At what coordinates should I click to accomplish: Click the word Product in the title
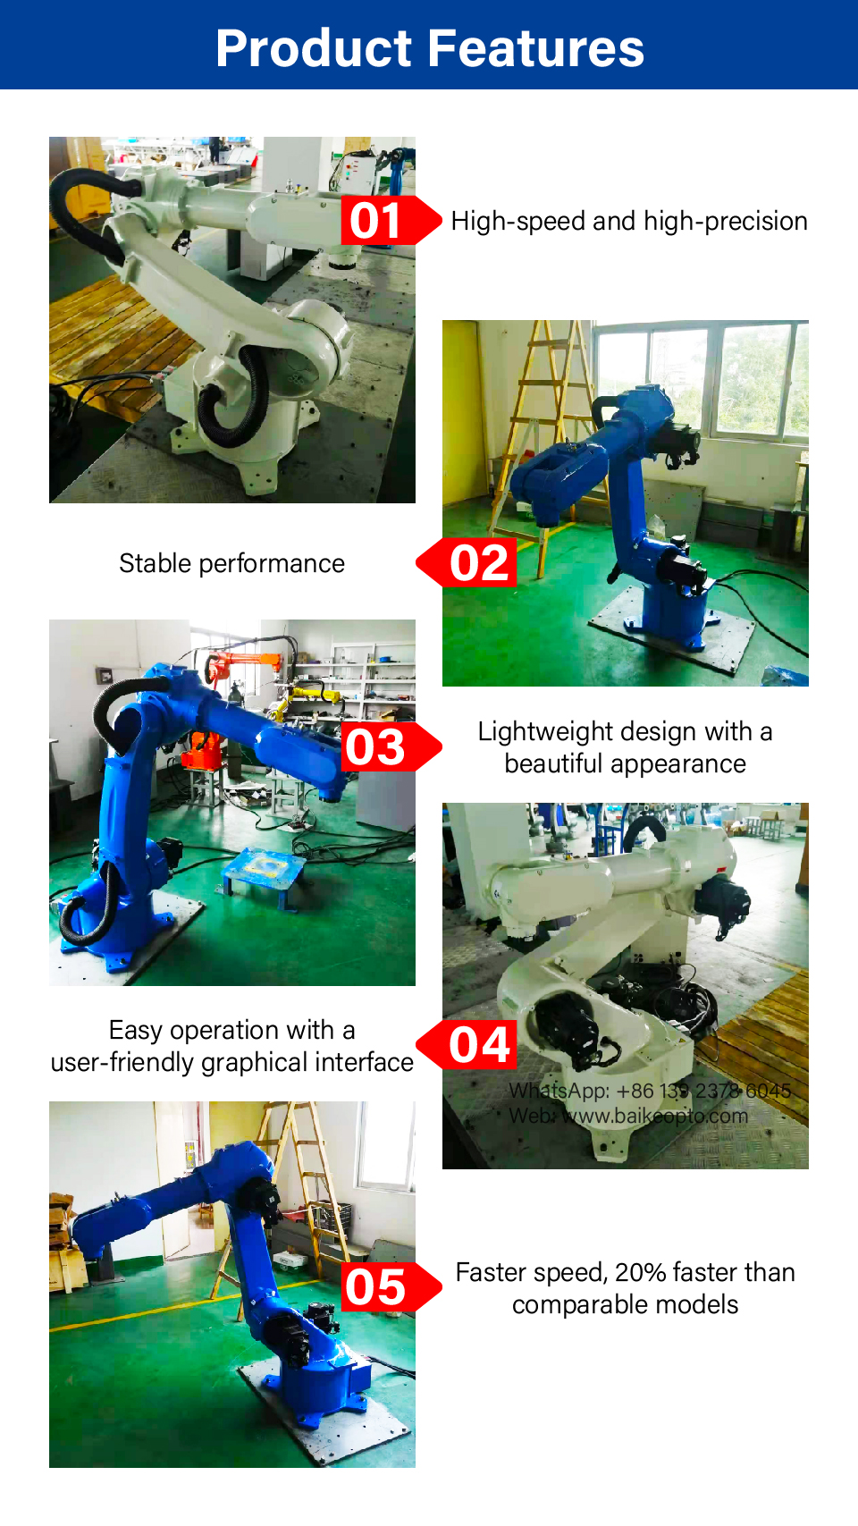[x=314, y=48]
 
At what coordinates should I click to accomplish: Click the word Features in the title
[x=536, y=48]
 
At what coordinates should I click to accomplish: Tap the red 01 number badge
[x=391, y=220]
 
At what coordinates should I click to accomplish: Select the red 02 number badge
[x=467, y=562]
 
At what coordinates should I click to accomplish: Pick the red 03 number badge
[x=391, y=746]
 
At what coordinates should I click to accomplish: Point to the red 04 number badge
[x=467, y=1044]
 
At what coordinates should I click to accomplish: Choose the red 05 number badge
[x=391, y=1287]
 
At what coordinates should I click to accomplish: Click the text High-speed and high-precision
[x=629, y=222]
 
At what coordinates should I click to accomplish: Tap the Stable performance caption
[x=231, y=564]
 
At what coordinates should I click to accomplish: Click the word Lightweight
[x=545, y=732]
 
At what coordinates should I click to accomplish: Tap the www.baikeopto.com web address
[x=654, y=1116]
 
